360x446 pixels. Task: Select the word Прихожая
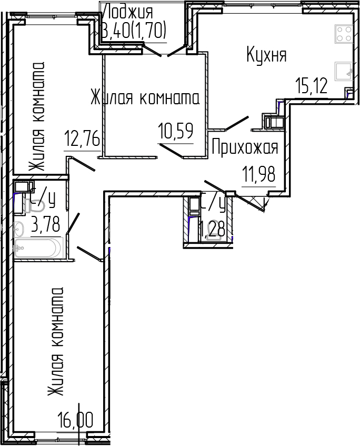click(x=244, y=148)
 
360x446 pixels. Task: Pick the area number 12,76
click(x=82, y=140)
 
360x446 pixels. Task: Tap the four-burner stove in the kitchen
click(x=344, y=34)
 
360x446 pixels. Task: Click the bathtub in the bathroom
click(x=38, y=248)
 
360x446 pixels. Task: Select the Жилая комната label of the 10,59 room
click(x=145, y=98)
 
